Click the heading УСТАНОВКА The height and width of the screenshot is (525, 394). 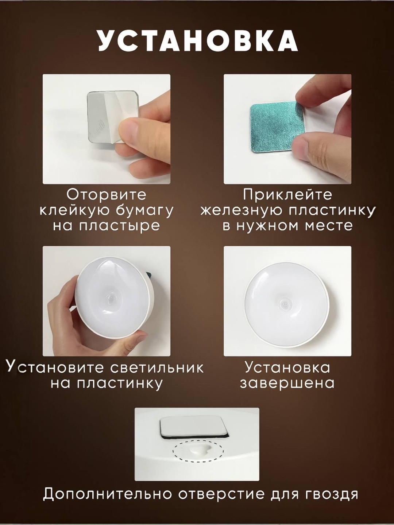[198, 40]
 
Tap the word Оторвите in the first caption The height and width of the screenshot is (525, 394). [106, 195]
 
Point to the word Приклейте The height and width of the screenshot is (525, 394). [287, 195]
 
